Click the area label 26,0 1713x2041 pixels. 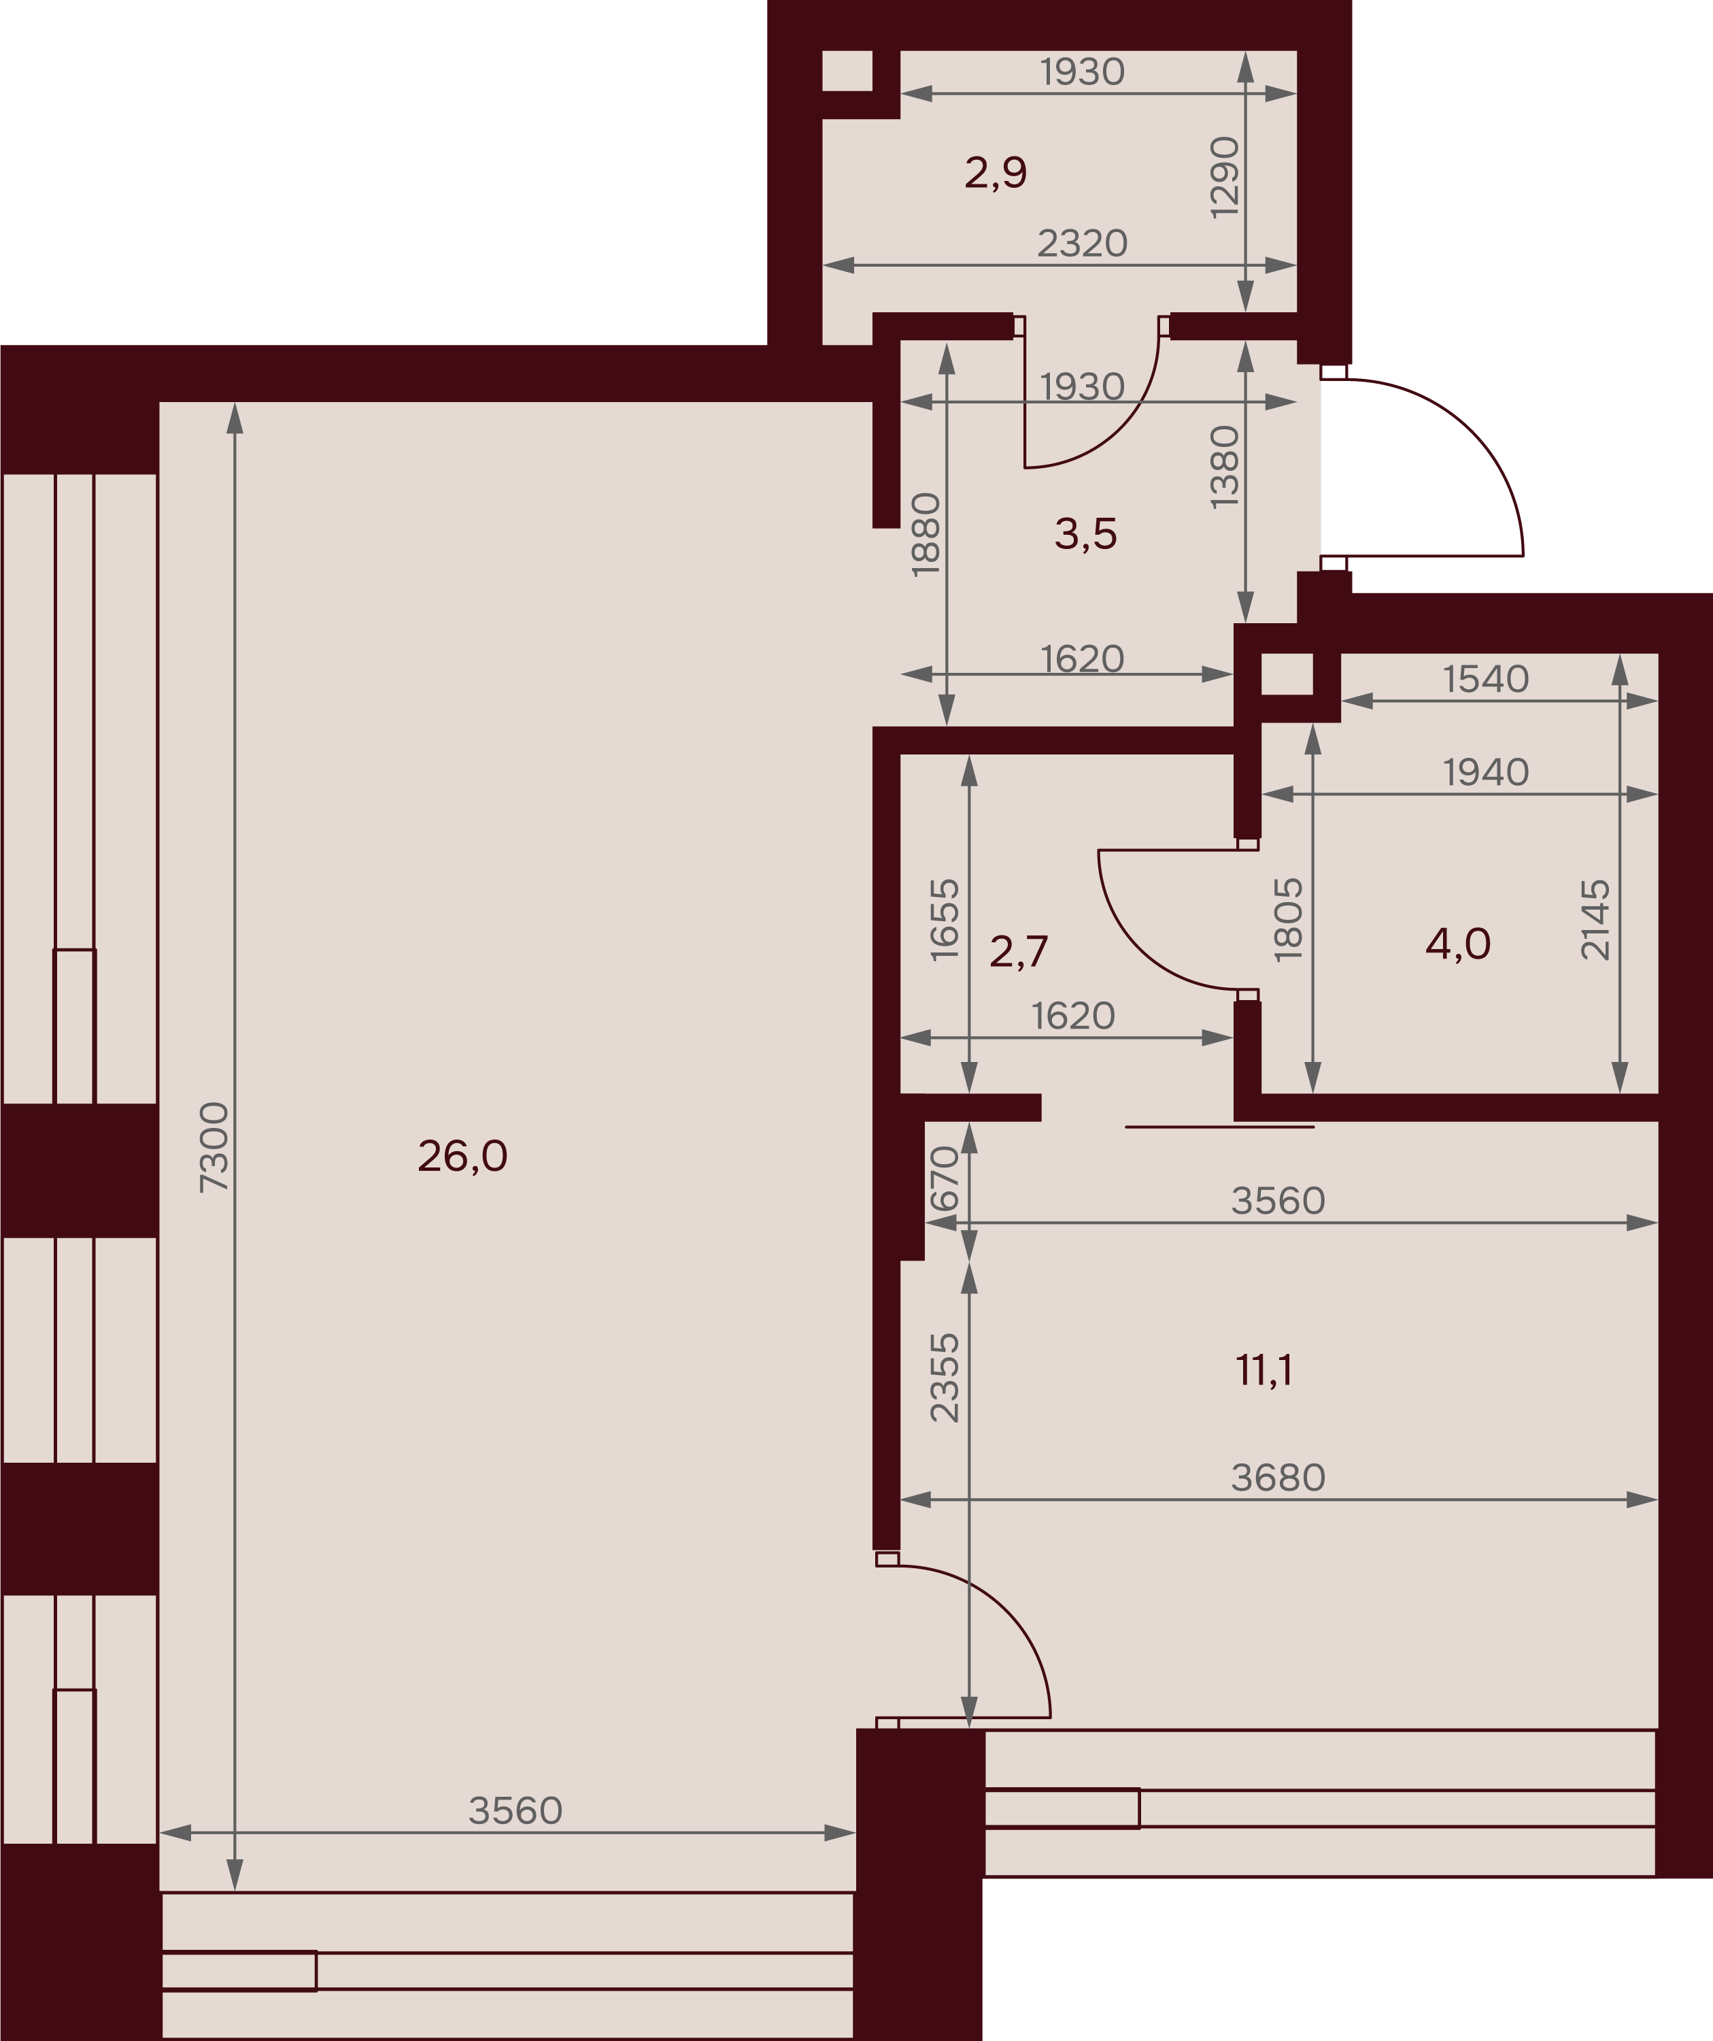click(462, 1157)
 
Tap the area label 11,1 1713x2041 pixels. click(1263, 1370)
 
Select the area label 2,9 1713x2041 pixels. click(996, 173)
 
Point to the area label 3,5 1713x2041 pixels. click(1085, 533)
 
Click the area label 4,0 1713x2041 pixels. click(1457, 944)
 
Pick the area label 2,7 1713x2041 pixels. click(1018, 952)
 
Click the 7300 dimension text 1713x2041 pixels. click(214, 1147)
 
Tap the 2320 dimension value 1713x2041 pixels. click(1083, 243)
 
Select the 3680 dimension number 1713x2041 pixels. click(1278, 1477)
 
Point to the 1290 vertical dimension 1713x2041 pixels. click(1224, 178)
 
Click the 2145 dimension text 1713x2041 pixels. click(1595, 920)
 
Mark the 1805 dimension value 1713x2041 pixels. click(1289, 920)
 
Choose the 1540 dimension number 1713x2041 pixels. click(1486, 680)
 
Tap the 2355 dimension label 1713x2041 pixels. click(945, 1378)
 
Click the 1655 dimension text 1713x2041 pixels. click(945, 920)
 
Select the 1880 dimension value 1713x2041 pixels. click(926, 535)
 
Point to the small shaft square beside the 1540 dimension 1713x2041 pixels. click(1287, 674)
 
